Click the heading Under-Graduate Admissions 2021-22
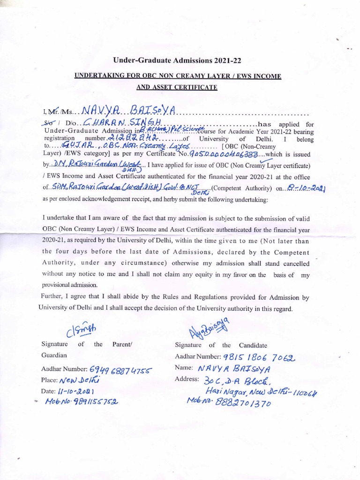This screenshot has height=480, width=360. coord(177,60)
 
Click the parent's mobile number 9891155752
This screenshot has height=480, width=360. coord(82,402)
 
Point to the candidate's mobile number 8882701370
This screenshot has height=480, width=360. coord(229,401)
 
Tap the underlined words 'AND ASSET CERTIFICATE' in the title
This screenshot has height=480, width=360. coord(177,87)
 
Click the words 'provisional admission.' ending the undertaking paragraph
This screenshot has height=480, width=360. coord(70,285)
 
